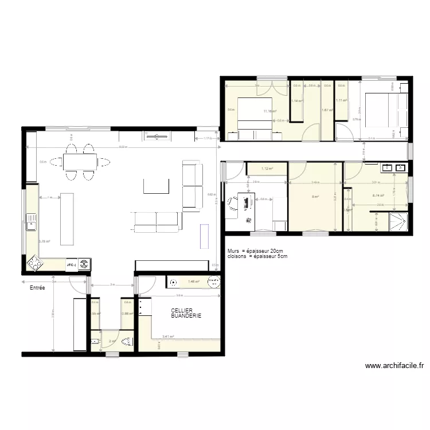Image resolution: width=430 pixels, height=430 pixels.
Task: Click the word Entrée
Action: (x=38, y=288)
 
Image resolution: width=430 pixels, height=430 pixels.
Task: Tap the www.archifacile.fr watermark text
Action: (x=394, y=365)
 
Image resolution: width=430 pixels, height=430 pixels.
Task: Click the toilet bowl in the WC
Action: (x=128, y=343)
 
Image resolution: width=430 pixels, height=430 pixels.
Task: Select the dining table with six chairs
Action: (x=80, y=162)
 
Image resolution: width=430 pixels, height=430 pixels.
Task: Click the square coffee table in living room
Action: (x=157, y=186)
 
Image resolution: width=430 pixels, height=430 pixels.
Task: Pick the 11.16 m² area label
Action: (x=270, y=111)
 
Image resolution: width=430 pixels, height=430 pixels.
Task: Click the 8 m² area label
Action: (x=315, y=197)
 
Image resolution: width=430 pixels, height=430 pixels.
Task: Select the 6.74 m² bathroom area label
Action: (x=378, y=196)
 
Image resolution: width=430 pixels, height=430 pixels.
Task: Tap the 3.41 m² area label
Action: (x=168, y=337)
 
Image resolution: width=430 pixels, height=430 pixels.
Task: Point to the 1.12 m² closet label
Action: (x=267, y=169)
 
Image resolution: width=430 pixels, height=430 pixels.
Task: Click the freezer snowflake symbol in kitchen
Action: (x=84, y=264)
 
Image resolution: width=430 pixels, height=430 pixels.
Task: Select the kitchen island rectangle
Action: (x=68, y=211)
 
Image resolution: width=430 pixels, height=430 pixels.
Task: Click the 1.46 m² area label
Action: (x=194, y=282)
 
